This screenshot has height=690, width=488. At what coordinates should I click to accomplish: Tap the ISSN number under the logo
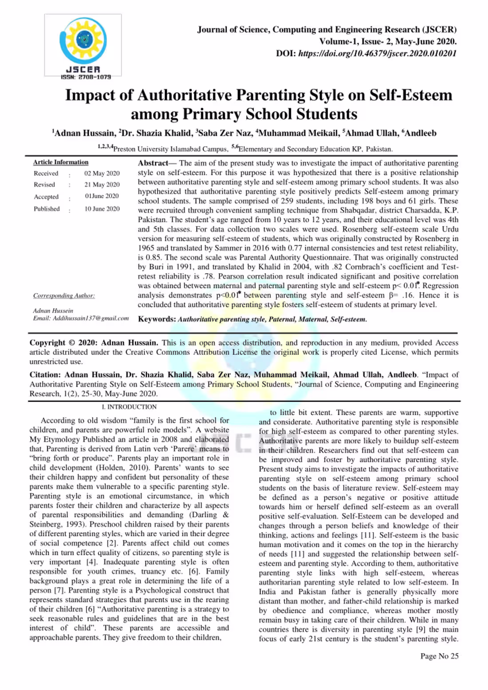click(86, 77)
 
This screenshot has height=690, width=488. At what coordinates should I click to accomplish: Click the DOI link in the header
click(377, 54)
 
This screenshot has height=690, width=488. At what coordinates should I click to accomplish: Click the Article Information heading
click(61, 162)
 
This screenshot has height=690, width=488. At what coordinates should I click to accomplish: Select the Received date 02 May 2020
click(102, 173)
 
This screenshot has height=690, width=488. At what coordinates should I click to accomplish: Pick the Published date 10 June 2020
click(102, 209)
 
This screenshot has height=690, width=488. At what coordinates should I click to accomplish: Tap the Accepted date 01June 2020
click(102, 196)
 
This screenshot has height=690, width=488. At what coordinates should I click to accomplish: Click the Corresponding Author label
click(64, 296)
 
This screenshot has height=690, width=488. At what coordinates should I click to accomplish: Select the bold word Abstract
click(153, 163)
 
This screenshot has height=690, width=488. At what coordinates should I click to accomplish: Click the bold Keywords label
click(157, 319)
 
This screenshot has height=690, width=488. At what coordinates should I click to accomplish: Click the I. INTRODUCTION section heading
click(129, 407)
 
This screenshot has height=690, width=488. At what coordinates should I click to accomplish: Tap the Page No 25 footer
click(439, 656)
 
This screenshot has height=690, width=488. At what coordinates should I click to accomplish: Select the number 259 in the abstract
click(275, 201)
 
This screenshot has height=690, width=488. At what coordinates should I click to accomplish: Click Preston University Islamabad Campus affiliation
click(170, 149)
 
